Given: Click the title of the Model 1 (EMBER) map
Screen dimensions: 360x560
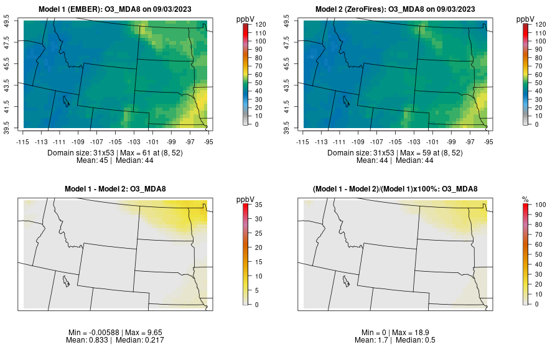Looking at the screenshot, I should coord(118,9).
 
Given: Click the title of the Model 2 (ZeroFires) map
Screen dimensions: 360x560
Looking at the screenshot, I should coord(398,9).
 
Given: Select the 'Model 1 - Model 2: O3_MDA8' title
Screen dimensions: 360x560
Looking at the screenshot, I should coord(118,189).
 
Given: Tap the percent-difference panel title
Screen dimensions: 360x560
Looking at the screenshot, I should coord(398,189).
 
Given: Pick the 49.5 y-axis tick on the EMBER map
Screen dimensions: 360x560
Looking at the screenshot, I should coord(8,22).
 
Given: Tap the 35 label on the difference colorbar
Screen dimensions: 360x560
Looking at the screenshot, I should coord(258,204).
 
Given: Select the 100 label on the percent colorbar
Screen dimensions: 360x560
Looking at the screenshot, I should coord(541,204).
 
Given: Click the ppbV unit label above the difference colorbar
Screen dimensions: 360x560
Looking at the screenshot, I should coord(246,199).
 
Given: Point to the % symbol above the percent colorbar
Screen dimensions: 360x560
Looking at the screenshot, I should coord(526,199).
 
